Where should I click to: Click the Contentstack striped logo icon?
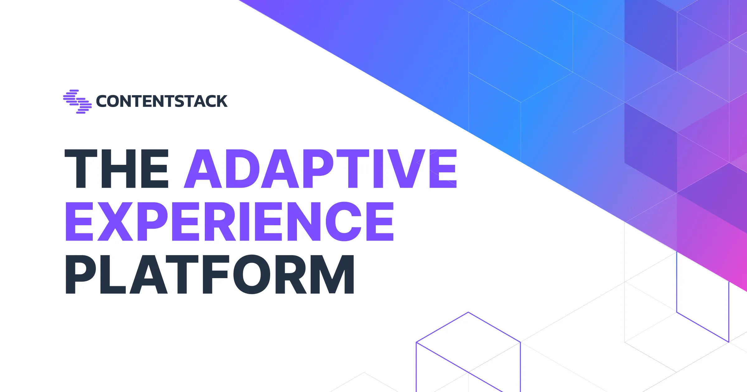[x=78, y=101]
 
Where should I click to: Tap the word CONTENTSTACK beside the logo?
[x=162, y=101]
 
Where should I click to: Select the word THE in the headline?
[x=116, y=169]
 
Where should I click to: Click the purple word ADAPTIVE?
[x=320, y=169]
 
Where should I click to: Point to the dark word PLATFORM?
[x=210, y=274]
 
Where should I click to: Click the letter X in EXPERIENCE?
[x=115, y=222]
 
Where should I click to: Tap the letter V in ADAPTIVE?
[x=406, y=169]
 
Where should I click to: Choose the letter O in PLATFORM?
[x=251, y=274]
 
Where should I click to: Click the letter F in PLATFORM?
[x=215, y=274]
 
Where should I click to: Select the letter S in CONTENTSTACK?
[x=179, y=101]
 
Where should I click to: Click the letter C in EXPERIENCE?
[x=344, y=222]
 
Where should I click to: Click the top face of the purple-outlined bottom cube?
[x=468, y=342]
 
